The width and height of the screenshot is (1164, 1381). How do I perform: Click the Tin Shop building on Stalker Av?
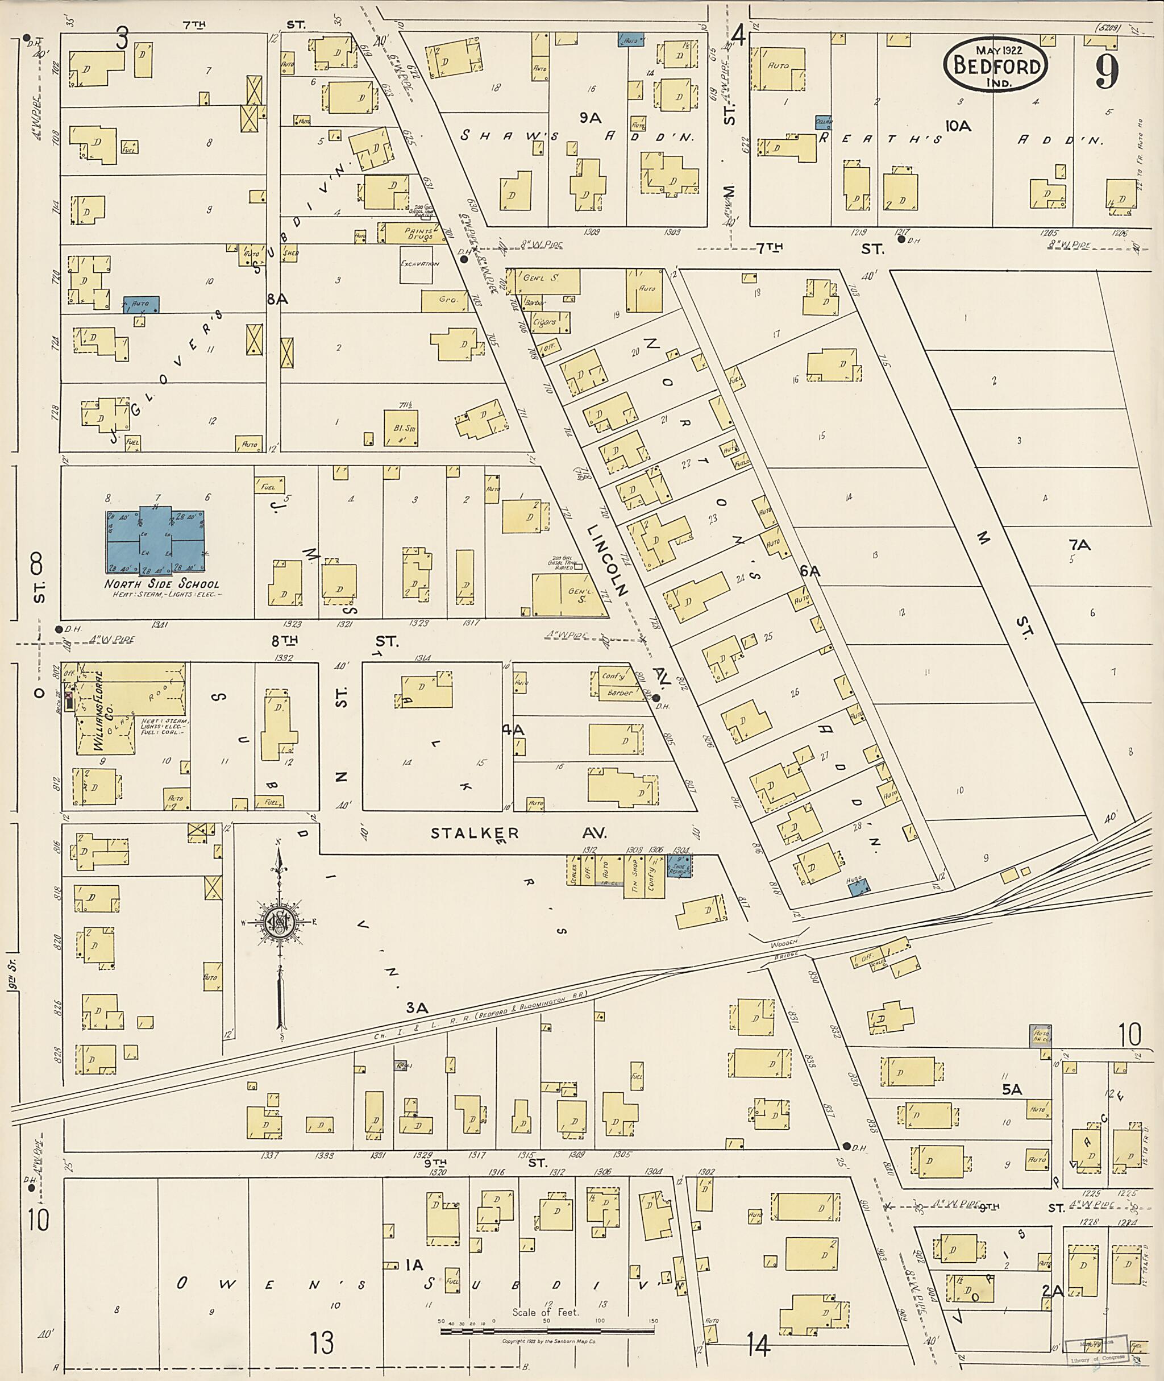click(634, 877)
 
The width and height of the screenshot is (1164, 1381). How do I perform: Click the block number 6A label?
click(810, 572)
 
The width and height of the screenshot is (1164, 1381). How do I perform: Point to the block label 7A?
click(1079, 545)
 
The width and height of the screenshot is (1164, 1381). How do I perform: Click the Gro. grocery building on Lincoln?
click(448, 300)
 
